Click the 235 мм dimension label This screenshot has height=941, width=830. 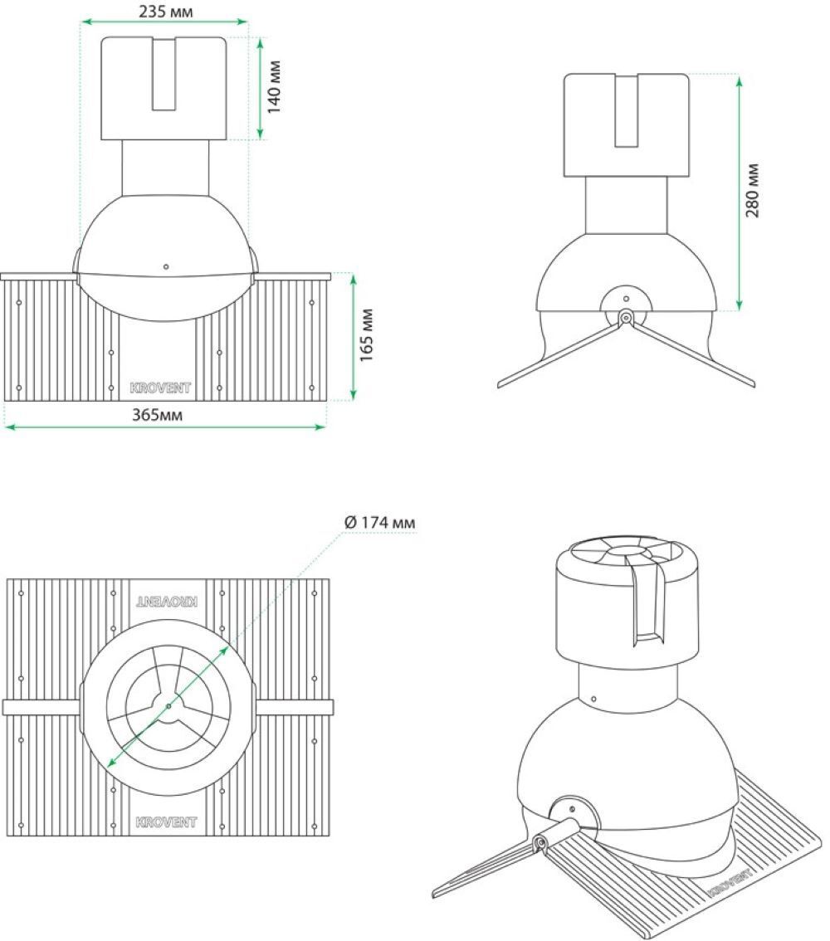(166, 12)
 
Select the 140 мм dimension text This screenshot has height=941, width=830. (274, 87)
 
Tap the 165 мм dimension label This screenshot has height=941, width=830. (366, 335)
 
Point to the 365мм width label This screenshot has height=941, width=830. (157, 415)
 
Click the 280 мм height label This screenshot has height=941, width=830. (753, 190)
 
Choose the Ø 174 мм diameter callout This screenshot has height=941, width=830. (380, 522)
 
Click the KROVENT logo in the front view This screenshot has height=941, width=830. (160, 388)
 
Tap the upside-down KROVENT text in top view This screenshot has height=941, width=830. (166, 602)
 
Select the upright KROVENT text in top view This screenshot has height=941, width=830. (166, 822)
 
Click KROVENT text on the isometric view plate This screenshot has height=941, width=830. (730, 881)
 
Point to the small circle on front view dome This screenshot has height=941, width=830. (166, 266)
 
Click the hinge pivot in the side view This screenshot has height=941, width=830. (626, 316)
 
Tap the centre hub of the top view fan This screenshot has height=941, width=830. (168, 705)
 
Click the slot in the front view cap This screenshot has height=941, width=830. (164, 74)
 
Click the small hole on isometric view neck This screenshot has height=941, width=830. (593, 699)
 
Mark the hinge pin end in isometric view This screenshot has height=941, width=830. (540, 843)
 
